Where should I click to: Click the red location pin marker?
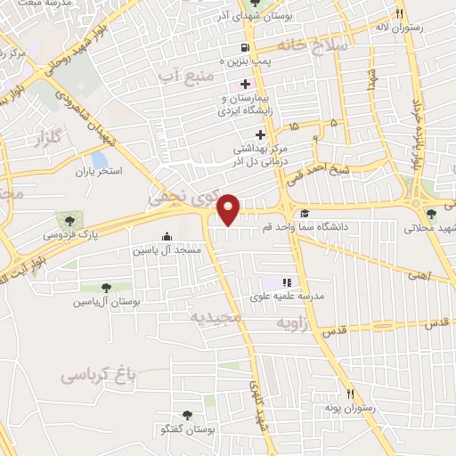[x=229, y=208]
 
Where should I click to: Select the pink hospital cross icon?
[x=245, y=82]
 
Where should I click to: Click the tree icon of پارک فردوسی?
[x=69, y=218]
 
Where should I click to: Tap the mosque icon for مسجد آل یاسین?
[x=167, y=236]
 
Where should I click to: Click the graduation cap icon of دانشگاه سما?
[x=305, y=213]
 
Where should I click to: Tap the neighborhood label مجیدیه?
[x=217, y=317]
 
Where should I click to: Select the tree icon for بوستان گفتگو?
[x=186, y=415]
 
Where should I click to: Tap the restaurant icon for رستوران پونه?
[x=351, y=394]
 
